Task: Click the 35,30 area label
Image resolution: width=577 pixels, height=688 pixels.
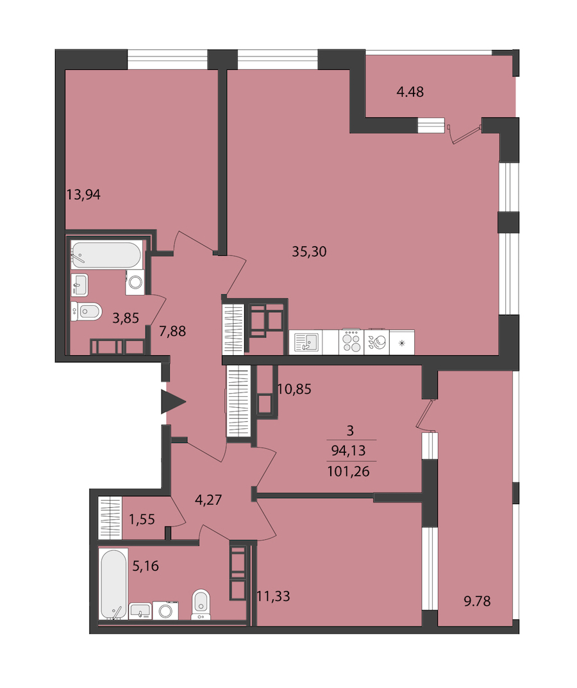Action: click(310, 251)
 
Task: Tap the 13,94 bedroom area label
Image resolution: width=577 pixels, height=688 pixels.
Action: click(83, 194)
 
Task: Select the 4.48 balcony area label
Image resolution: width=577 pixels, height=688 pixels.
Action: click(410, 92)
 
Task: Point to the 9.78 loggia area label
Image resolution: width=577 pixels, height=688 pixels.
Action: click(478, 601)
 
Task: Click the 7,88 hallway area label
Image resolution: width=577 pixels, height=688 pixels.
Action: click(172, 331)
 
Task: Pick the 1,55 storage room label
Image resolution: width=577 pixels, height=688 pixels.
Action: click(142, 519)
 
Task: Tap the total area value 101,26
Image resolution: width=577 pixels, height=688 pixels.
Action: click(348, 472)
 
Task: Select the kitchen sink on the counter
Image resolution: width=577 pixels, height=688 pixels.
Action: click(306, 342)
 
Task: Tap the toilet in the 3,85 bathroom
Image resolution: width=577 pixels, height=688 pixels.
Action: click(87, 312)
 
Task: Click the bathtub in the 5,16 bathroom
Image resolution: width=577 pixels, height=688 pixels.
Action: click(113, 584)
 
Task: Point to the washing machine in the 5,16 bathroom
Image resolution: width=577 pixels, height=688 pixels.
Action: click(165, 611)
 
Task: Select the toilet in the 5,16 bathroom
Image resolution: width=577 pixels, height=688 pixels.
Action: click(201, 605)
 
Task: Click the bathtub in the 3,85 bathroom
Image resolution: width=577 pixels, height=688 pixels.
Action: click(106, 255)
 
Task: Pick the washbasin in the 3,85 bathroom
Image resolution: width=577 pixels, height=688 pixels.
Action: click(80, 285)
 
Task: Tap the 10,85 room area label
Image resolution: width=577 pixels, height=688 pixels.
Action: click(294, 389)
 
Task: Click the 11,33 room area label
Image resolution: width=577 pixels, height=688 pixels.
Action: click(273, 596)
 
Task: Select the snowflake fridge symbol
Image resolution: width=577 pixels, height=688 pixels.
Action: click(401, 343)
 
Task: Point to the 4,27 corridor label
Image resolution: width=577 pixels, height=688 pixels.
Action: click(208, 499)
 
